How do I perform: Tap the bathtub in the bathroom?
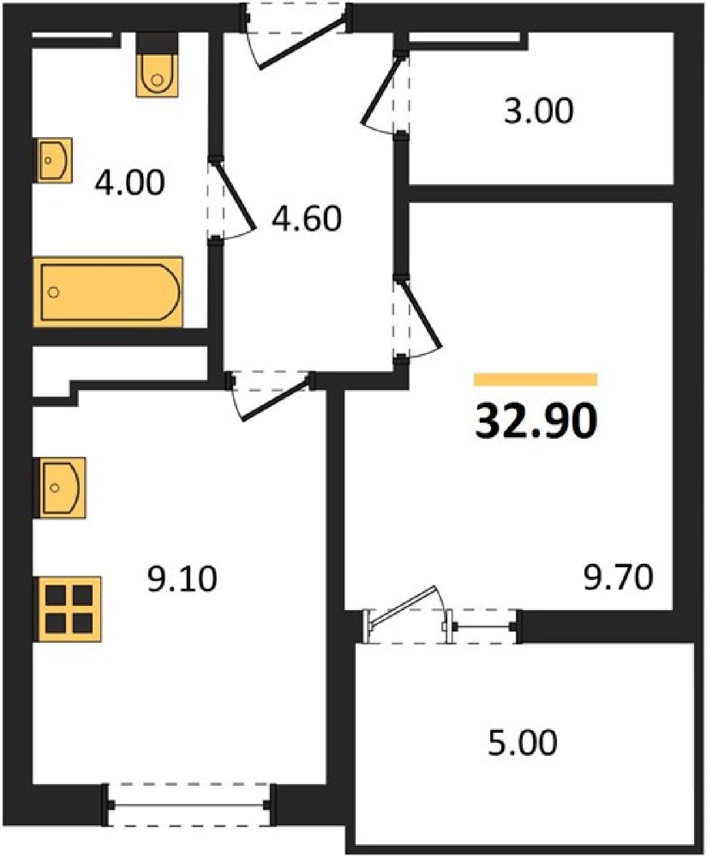click(x=108, y=292)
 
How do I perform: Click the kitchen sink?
click(x=59, y=488)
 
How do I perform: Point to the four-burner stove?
click(x=67, y=608)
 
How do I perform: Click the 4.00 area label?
click(x=130, y=183)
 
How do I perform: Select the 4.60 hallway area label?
click(x=306, y=219)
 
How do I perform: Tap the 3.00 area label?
click(x=538, y=111)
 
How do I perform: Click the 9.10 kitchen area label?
click(x=182, y=579)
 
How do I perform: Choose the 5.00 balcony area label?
click(x=522, y=742)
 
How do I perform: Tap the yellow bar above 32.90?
click(x=536, y=379)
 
